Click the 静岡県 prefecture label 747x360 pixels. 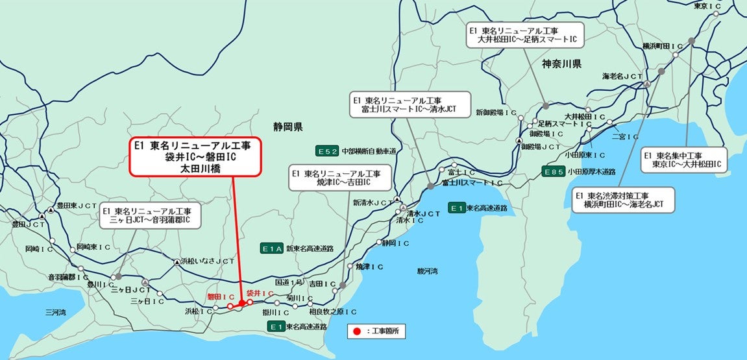[288, 126]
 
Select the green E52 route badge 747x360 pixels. [327, 150]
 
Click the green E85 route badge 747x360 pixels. [554, 172]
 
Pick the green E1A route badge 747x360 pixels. [272, 248]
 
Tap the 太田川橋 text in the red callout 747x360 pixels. [195, 168]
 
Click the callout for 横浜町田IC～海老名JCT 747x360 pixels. [623, 200]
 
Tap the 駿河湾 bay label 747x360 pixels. [428, 270]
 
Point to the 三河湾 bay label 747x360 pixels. [55, 312]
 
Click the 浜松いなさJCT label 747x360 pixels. [209, 261]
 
